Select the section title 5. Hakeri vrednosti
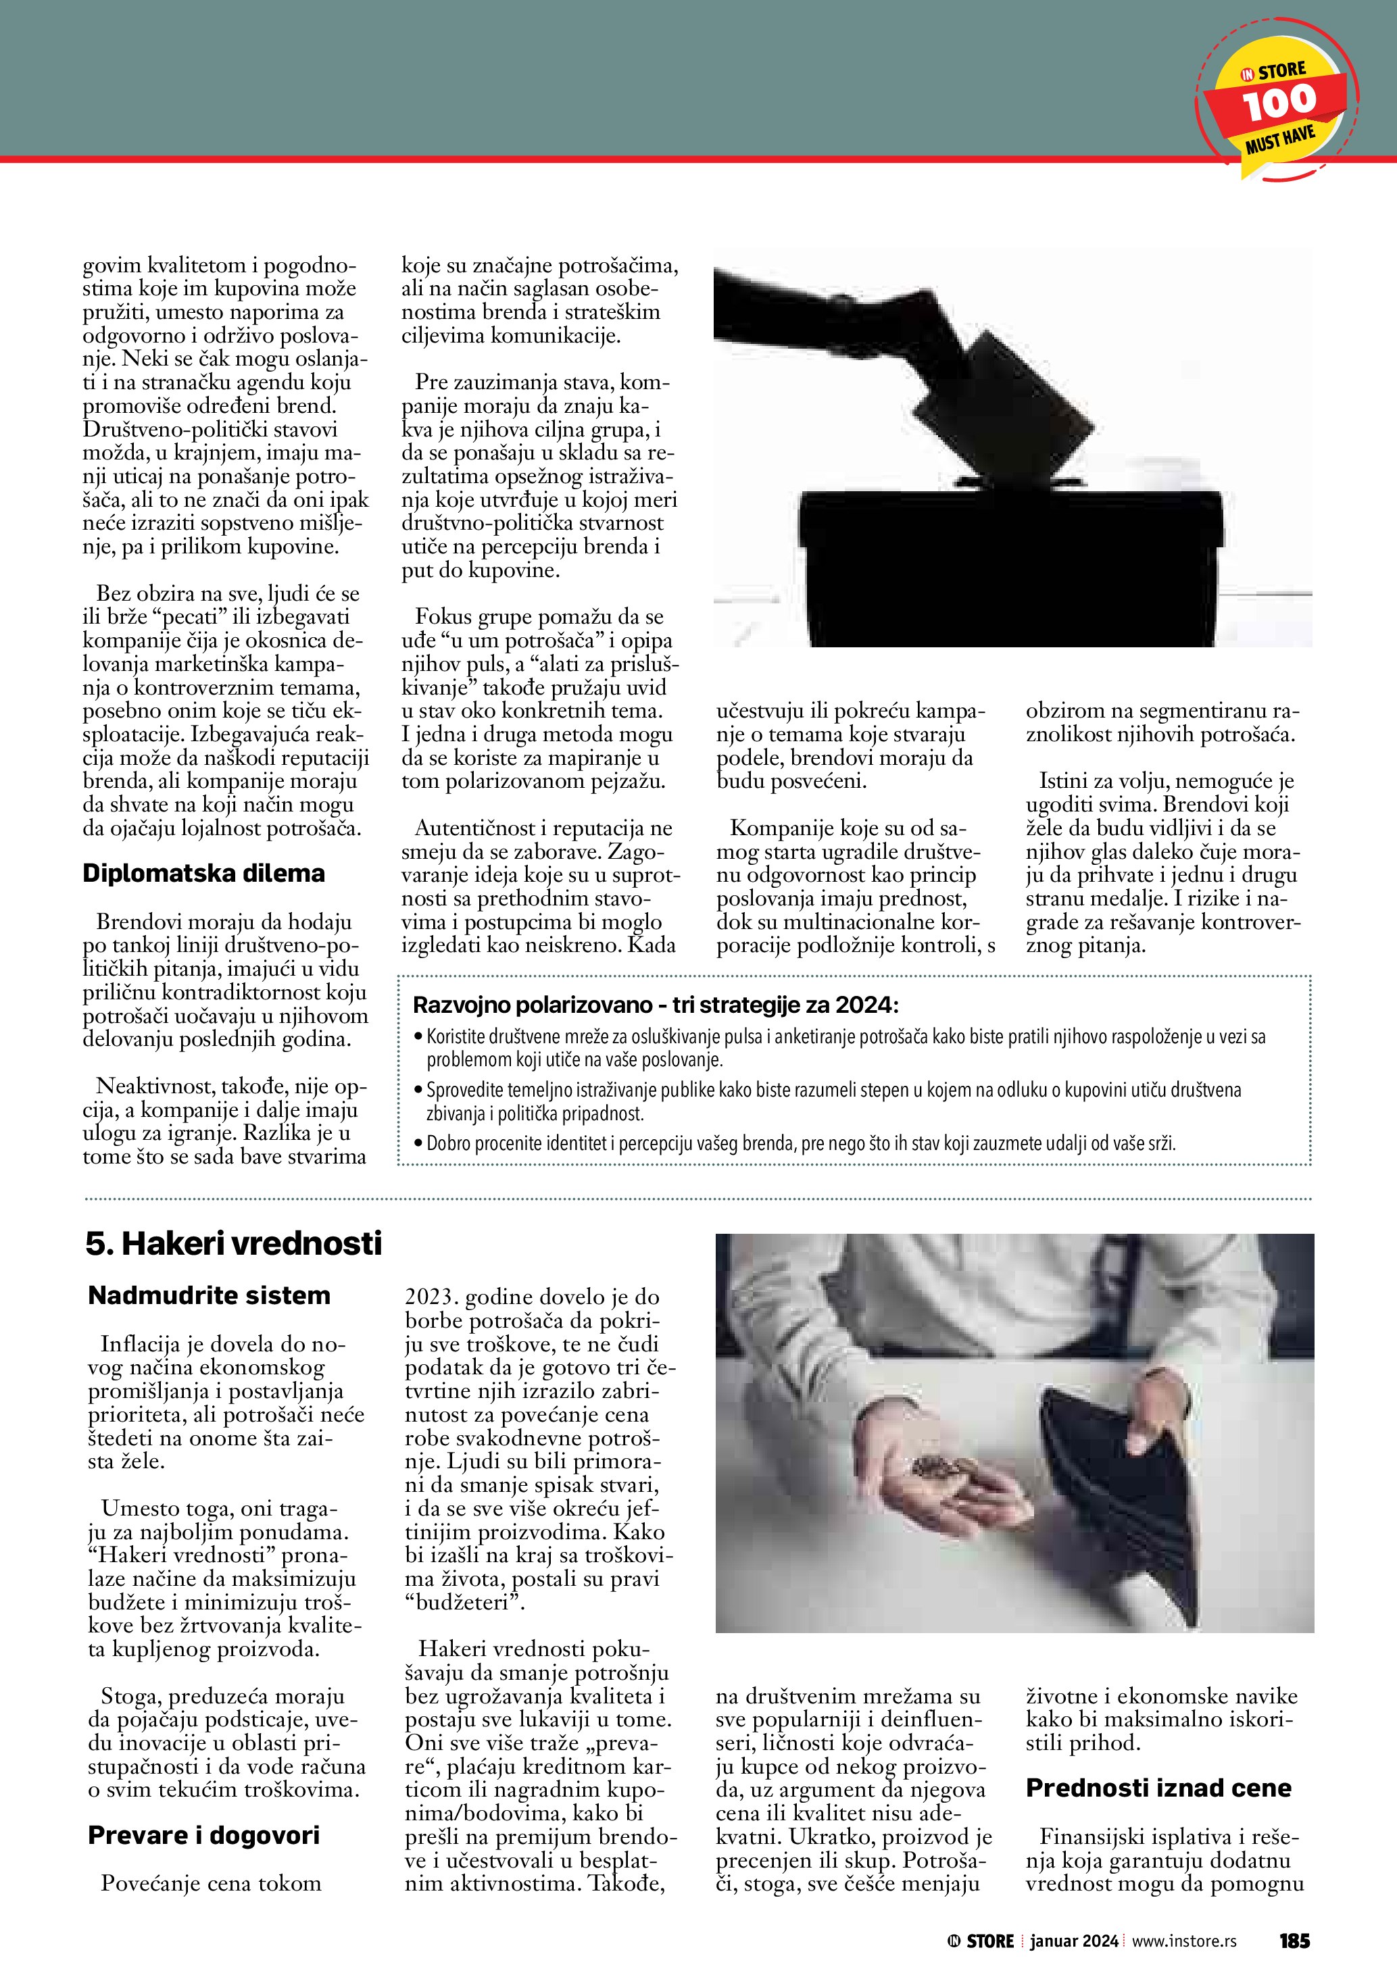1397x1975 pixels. click(233, 1244)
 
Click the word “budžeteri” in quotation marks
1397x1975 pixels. click(464, 1603)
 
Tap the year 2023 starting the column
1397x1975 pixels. click(431, 1297)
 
